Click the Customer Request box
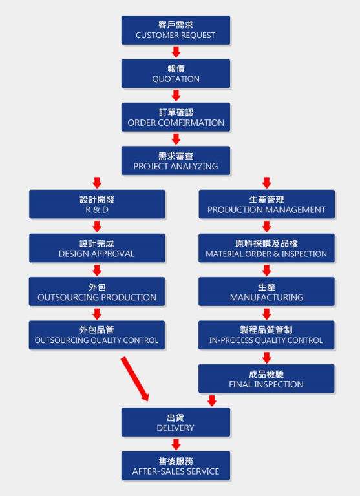tap(176, 30)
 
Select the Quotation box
tap(176, 74)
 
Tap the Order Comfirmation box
tap(176, 117)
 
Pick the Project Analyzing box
tap(176, 161)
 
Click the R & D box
tap(97, 204)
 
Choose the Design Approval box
tap(97, 248)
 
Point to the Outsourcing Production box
tap(97, 292)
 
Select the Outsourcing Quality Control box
tap(97, 335)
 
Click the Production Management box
tap(266, 204)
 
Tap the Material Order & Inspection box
tap(266, 248)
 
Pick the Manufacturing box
tap(266, 292)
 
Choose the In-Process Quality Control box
tap(266, 335)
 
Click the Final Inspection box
tap(266, 378)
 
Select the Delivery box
tap(176, 422)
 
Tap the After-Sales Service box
tap(176, 466)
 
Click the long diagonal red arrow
tap(134, 379)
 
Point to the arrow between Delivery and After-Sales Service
tap(176, 444)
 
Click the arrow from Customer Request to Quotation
tap(176, 52)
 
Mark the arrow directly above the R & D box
tap(97, 183)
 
